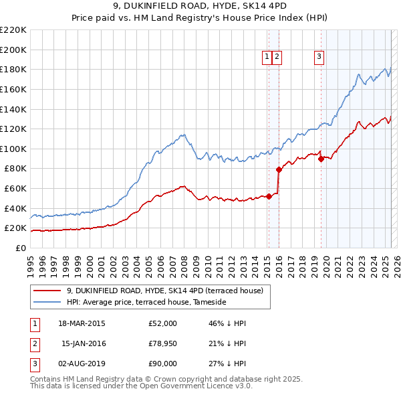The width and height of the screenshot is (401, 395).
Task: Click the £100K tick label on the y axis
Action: click(x=13, y=149)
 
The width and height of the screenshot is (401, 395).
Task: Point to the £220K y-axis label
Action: click(x=13, y=30)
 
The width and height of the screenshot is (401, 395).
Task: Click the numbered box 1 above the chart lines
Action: click(x=267, y=58)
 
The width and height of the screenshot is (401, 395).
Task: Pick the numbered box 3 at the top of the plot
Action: click(x=319, y=58)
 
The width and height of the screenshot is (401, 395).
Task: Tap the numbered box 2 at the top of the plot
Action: click(x=277, y=58)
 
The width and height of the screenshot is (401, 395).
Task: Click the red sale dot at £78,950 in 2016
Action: click(x=279, y=169)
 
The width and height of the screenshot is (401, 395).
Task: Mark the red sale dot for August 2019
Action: click(x=321, y=159)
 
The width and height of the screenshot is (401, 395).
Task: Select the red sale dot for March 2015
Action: click(x=269, y=196)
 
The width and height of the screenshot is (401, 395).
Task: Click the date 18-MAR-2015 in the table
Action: click(x=82, y=323)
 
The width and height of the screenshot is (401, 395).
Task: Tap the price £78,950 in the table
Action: click(x=162, y=343)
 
